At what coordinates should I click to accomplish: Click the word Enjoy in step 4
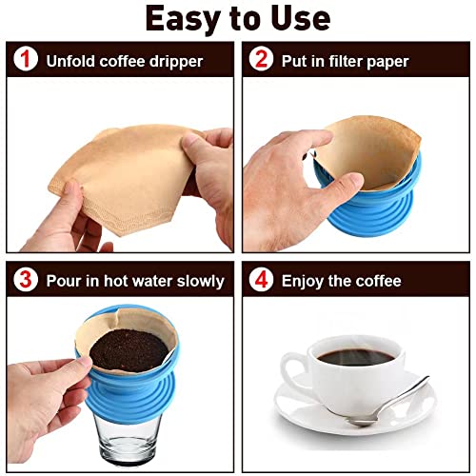point(304,281)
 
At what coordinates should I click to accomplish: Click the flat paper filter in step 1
point(124,181)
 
